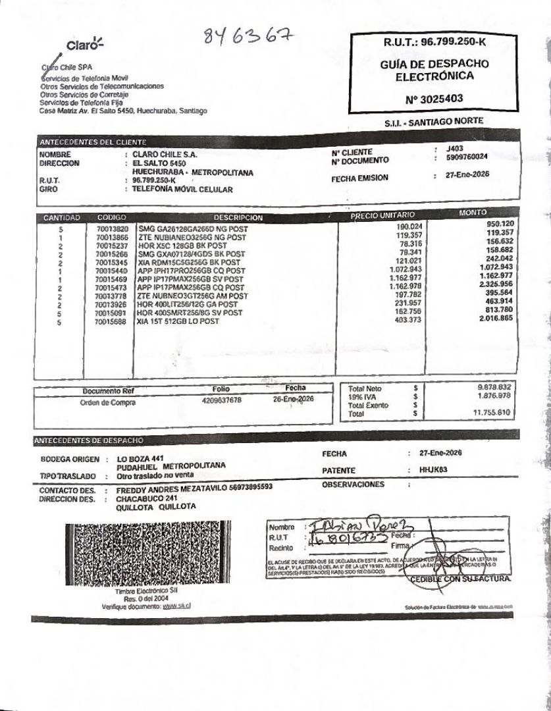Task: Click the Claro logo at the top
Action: pyautogui.click(x=85, y=45)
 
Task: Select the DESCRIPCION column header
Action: pyautogui.click(x=238, y=218)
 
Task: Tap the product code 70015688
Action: pyautogui.click(x=111, y=323)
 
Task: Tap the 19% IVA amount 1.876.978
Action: pyautogui.click(x=494, y=396)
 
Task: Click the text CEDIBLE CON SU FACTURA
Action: pyautogui.click(x=459, y=579)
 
